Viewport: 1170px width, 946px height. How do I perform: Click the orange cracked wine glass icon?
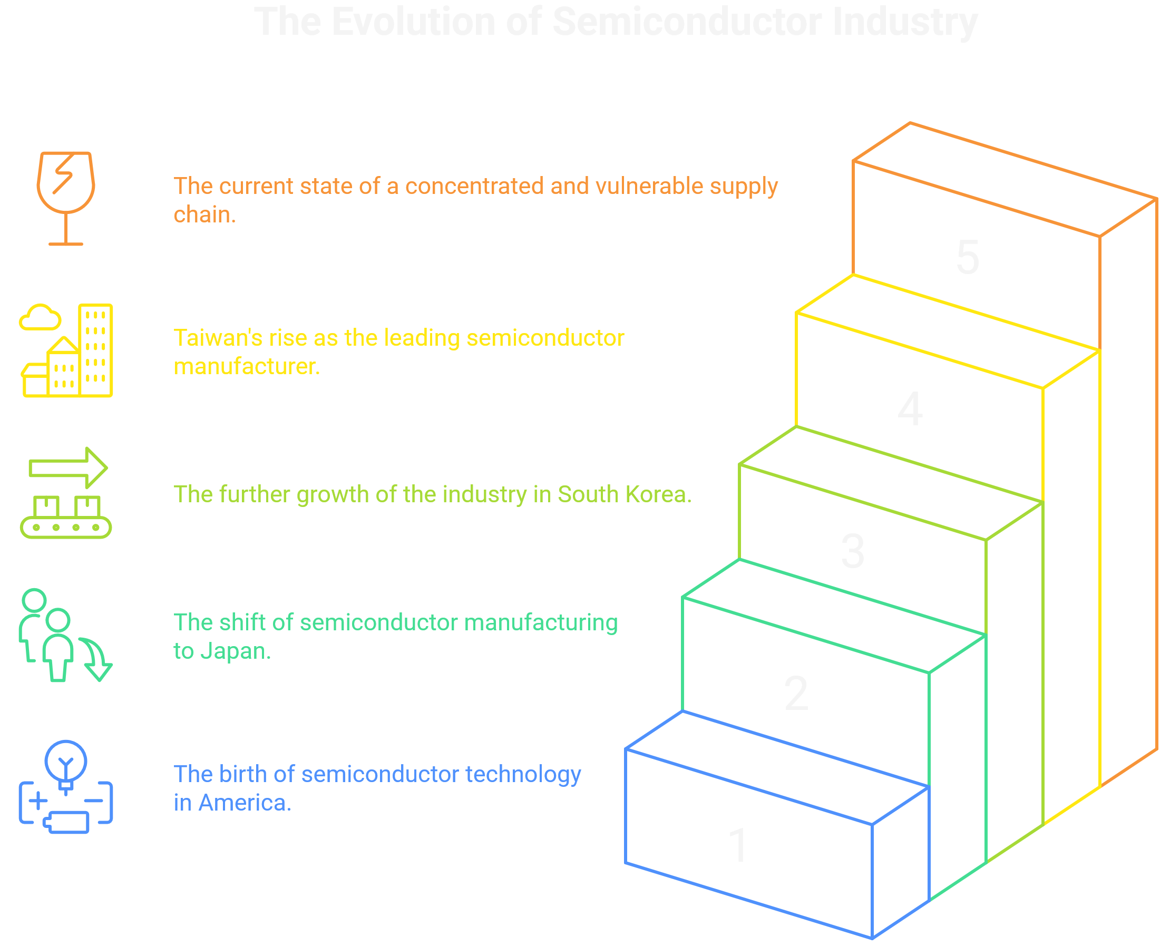pos(66,198)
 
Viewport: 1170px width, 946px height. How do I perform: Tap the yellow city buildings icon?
pos(66,350)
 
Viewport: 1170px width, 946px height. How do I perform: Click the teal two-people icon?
pos(60,636)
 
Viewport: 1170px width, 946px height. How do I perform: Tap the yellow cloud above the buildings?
pos(40,317)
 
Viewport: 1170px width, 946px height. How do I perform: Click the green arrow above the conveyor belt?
pos(68,467)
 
